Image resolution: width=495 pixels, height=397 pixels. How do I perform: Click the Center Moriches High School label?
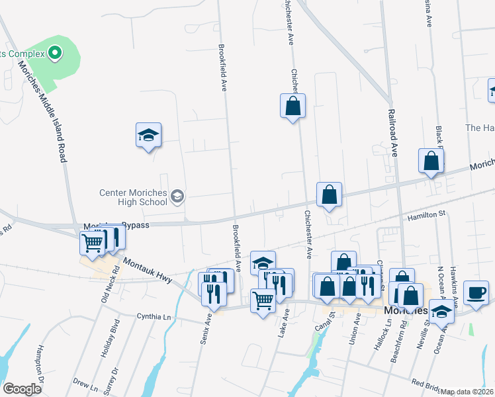tap(133, 198)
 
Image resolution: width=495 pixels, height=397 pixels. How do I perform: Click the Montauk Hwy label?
tap(147, 271)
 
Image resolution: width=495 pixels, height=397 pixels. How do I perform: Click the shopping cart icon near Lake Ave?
tap(263, 301)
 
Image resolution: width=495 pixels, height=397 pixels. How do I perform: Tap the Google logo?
tap(22, 389)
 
